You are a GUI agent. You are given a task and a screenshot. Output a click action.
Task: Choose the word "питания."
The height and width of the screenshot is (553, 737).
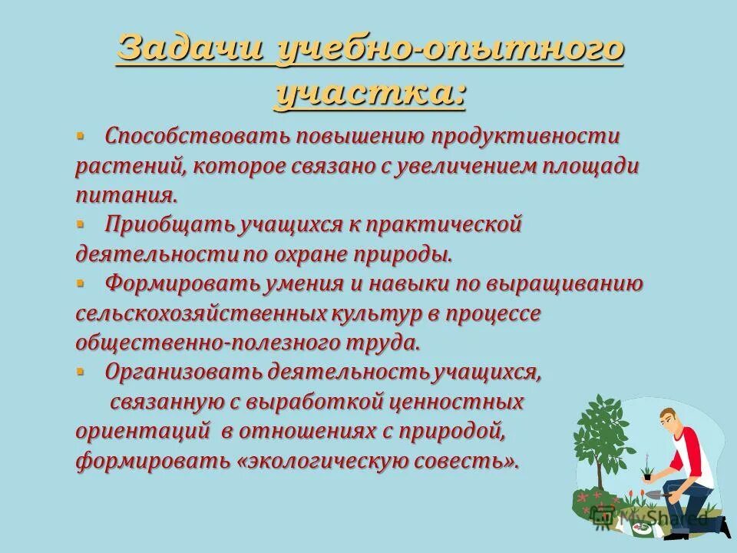pyautogui.click(x=131, y=196)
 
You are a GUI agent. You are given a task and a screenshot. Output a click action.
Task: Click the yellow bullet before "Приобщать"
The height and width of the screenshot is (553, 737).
pyautogui.click(x=81, y=223)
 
